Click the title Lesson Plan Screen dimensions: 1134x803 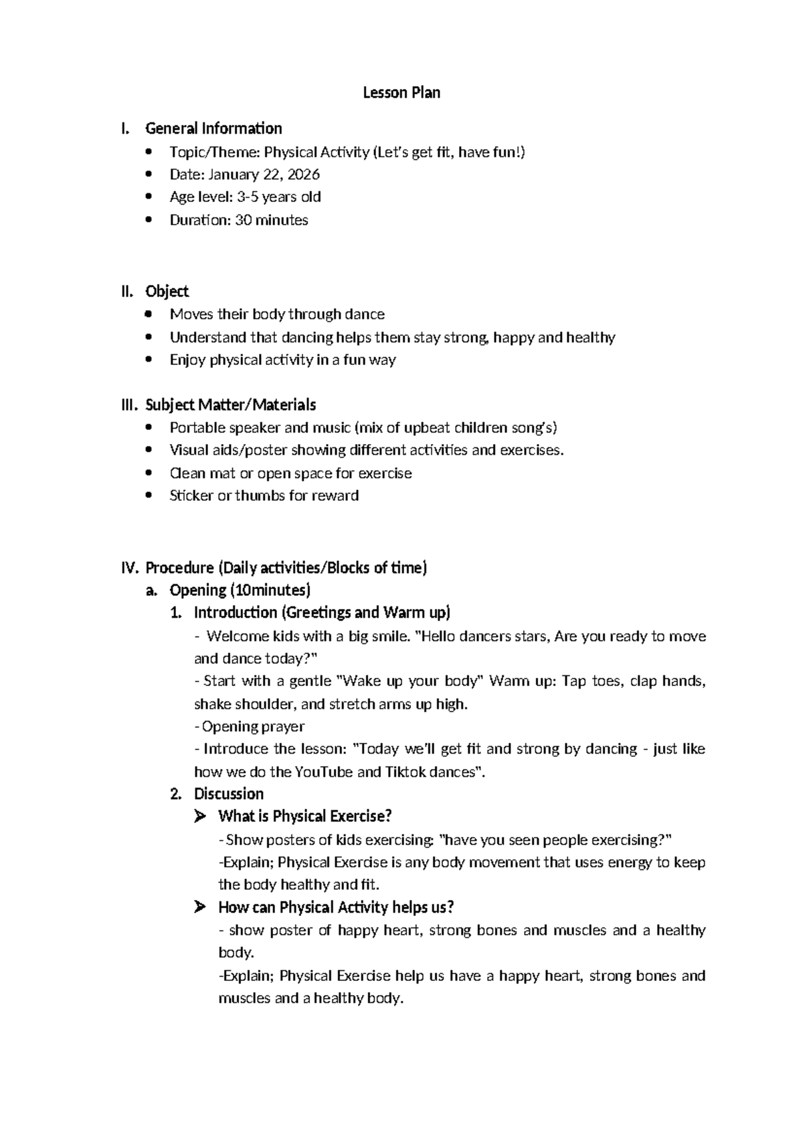pos(401,92)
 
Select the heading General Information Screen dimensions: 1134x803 pos(213,128)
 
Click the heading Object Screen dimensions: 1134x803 pos(167,291)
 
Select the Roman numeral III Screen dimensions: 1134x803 pos(128,405)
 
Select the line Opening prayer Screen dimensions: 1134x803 pos(253,726)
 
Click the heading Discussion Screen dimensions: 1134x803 pos(228,794)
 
